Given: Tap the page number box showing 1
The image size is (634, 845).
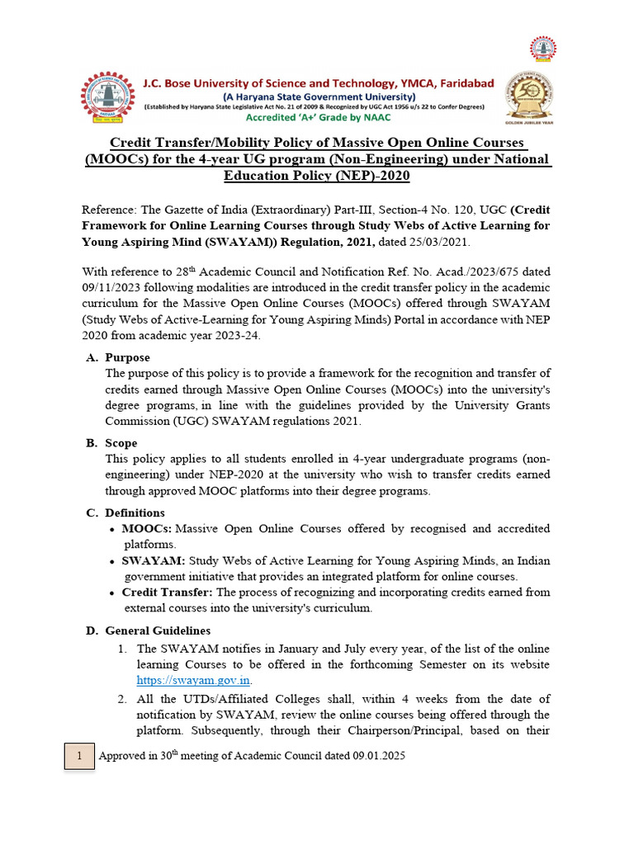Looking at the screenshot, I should [x=80, y=756].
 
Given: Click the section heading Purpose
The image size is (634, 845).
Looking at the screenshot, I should [x=127, y=357].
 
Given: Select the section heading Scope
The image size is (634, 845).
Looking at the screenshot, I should [x=121, y=443].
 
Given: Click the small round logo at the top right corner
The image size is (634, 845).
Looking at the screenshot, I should [x=543, y=48].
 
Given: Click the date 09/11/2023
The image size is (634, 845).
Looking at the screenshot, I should [x=114, y=287].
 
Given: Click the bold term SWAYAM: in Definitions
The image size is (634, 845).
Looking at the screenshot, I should [x=153, y=561].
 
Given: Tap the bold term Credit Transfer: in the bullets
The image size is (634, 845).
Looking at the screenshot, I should [x=168, y=592].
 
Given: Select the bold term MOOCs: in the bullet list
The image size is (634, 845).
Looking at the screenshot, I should [x=147, y=529].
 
